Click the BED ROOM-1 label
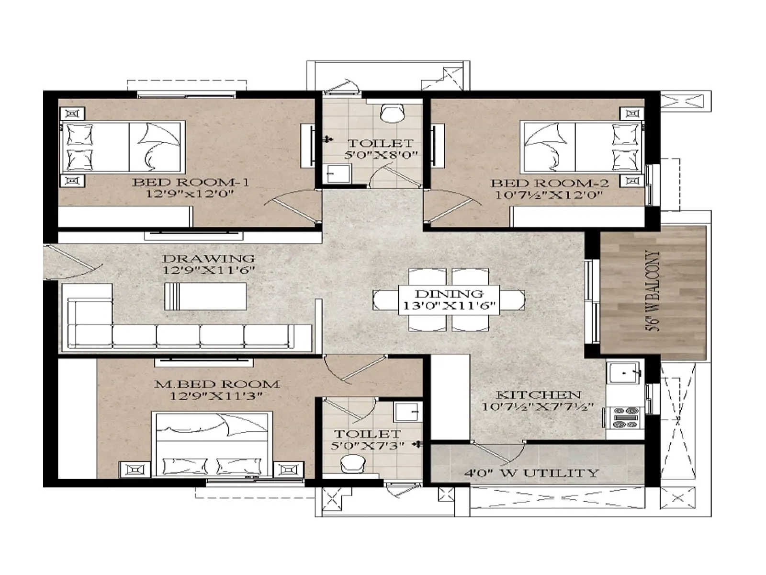[191, 182]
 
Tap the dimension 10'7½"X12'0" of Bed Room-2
[549, 195]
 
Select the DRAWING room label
[208, 259]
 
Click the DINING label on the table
[449, 294]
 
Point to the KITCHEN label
[538, 395]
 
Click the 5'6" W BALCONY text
[653, 291]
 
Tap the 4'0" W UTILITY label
[531, 473]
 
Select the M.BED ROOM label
[216, 384]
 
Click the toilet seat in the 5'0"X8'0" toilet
[392, 113]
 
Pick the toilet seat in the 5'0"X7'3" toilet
[353, 464]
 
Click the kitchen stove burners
[626, 417]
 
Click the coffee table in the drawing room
[206, 296]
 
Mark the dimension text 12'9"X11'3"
[216, 396]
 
